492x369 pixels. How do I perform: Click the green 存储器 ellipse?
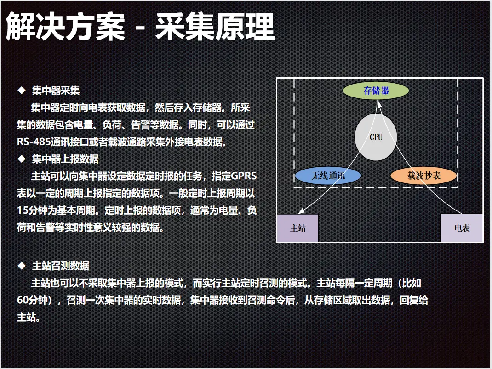[376, 91]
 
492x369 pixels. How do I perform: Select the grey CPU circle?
[376, 137]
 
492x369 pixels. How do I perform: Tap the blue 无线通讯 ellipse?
[328, 176]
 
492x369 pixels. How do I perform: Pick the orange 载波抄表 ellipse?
[423, 176]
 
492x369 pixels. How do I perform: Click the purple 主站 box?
[297, 228]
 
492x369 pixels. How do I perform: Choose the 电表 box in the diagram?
[462, 228]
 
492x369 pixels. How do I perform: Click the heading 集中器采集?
[56, 91]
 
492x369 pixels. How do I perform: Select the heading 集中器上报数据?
[65, 159]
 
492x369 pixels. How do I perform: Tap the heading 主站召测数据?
[61, 266]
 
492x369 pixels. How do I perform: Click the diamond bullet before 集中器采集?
[22, 91]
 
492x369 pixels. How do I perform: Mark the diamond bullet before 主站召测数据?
[22, 266]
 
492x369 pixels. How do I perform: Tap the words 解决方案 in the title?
[65, 27]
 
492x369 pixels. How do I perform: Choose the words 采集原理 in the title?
[215, 27]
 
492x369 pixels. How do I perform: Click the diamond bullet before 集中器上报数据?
[22, 159]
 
